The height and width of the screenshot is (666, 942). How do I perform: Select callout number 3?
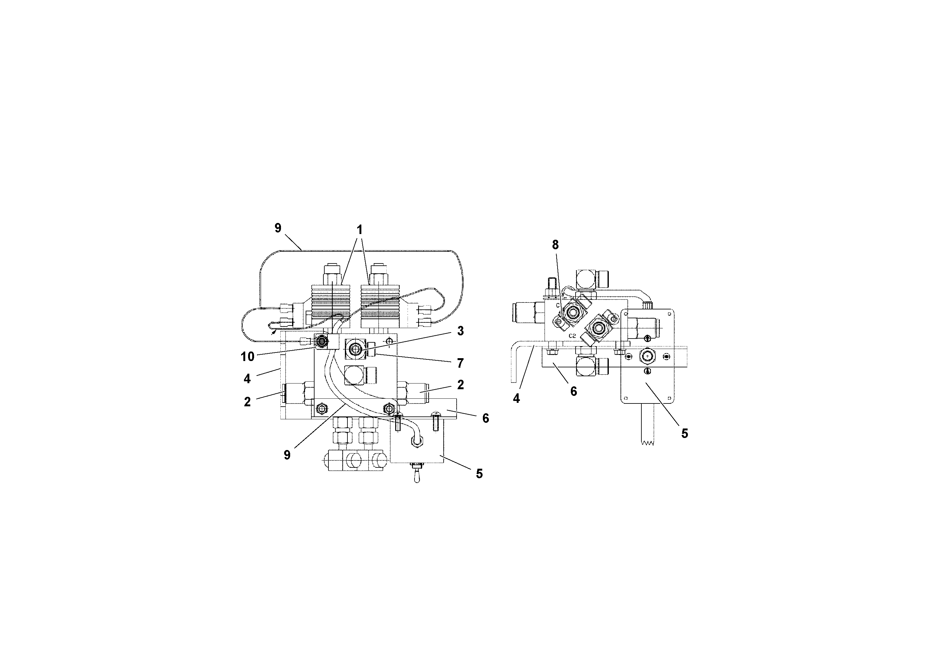point(460,331)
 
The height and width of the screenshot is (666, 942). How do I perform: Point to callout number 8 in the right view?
point(555,245)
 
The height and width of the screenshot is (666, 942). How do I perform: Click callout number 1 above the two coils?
point(359,230)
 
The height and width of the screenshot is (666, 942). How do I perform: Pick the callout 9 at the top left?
point(278,228)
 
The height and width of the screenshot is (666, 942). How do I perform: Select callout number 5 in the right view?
point(685,434)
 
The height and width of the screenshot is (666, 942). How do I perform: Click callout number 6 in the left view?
point(486,418)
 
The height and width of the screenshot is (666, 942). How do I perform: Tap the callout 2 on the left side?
point(247,402)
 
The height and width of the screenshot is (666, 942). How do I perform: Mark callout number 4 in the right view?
point(516,398)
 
